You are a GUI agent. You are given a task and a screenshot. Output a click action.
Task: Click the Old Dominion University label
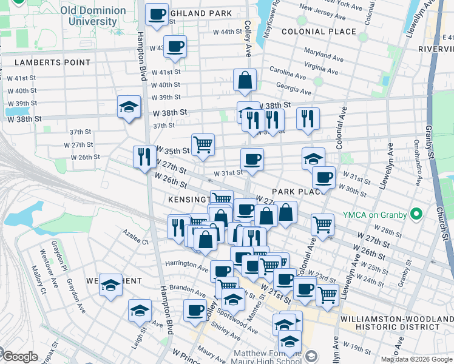[93, 16]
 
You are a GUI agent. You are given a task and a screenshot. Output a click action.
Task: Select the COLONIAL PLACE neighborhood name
[319, 32]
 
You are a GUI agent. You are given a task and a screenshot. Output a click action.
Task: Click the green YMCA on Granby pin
[416, 214]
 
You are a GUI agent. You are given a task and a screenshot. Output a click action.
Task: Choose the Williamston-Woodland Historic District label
[397, 323]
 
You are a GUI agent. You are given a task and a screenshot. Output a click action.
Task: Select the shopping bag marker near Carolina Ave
[245, 80]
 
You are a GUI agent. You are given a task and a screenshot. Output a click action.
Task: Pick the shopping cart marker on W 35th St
[203, 144]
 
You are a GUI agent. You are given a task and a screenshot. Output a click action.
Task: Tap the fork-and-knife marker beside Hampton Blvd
[144, 157]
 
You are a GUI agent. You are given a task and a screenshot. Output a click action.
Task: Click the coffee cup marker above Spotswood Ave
[195, 310]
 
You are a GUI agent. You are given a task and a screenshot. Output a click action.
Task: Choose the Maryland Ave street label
[321, 53]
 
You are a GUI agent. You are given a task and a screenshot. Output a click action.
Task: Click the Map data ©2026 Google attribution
[416, 359]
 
